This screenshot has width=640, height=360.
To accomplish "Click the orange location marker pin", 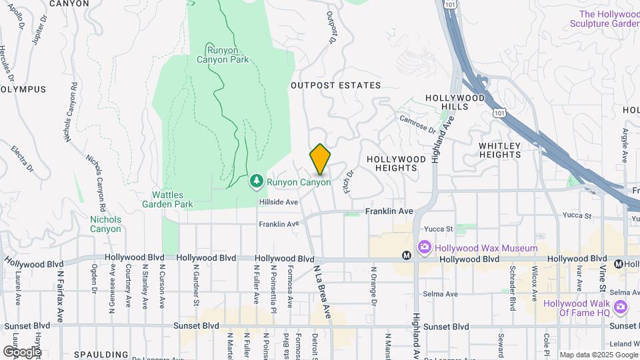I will coord(320,159).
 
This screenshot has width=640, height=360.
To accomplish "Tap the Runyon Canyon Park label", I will coord(223,54).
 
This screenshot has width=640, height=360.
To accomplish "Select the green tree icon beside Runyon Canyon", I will coord(257,181).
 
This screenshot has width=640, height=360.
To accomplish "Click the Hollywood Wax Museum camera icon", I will coord(424,249).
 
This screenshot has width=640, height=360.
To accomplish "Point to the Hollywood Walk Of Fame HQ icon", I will coord(621,307).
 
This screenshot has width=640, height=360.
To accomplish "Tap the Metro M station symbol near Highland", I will coord(406,255).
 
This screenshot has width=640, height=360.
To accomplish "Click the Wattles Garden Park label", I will coord(167,199).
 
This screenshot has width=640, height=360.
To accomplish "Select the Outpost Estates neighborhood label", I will coord(335,85).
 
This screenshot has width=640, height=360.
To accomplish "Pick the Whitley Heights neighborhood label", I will coord(509,150).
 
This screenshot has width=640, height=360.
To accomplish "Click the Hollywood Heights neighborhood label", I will coord(396,164).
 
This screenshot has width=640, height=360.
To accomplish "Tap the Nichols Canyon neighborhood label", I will coord(105,224).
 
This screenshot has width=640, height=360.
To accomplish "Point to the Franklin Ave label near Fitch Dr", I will coord(389,211).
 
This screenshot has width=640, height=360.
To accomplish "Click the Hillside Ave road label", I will coord(277,201).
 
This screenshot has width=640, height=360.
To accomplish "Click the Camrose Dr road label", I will coord(417,124).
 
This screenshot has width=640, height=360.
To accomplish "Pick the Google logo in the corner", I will coord(22,351).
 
